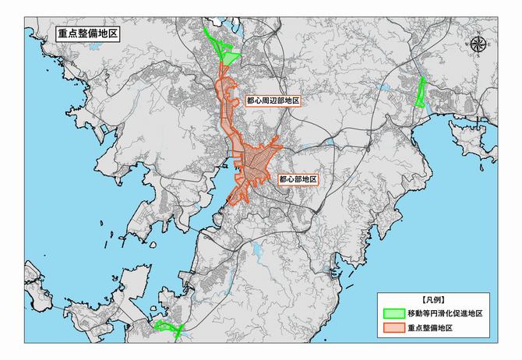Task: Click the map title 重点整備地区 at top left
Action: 86,36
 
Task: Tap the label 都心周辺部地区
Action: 273,101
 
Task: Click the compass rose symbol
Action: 478,44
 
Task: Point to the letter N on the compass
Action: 478,32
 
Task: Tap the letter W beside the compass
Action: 467,45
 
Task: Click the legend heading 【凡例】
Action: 432,299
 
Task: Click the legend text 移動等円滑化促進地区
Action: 445,313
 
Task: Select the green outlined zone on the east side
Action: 421,93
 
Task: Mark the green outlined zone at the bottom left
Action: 167,327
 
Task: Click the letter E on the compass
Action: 489,45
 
